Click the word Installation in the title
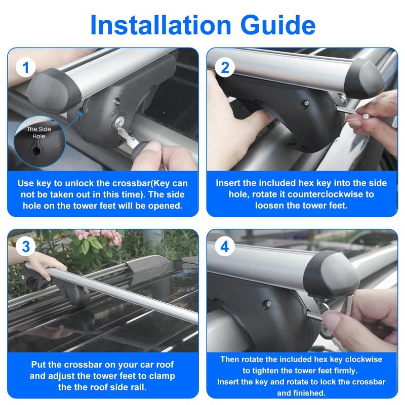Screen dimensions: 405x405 pyautogui.click(x=160, y=25)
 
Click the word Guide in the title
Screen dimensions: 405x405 pyautogui.click(x=278, y=25)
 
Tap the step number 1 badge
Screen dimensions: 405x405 pyautogui.click(x=26, y=67)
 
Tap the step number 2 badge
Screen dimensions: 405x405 pyautogui.click(x=225, y=67)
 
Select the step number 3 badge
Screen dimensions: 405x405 pyautogui.click(x=26, y=247)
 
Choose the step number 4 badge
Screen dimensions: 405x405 pyautogui.click(x=225, y=247)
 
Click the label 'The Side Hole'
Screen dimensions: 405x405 pyautogui.click(x=39, y=133)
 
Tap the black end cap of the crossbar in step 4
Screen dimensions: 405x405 pyautogui.click(x=332, y=274)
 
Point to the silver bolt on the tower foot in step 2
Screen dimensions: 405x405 pyautogui.click(x=306, y=103)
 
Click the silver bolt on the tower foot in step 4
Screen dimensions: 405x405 pyautogui.click(x=268, y=304)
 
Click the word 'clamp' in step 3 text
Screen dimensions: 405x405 pyautogui.click(x=161, y=376)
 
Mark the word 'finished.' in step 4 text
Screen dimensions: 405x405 pyautogui.click(x=301, y=393)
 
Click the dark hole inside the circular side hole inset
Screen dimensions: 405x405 pyautogui.click(x=36, y=151)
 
